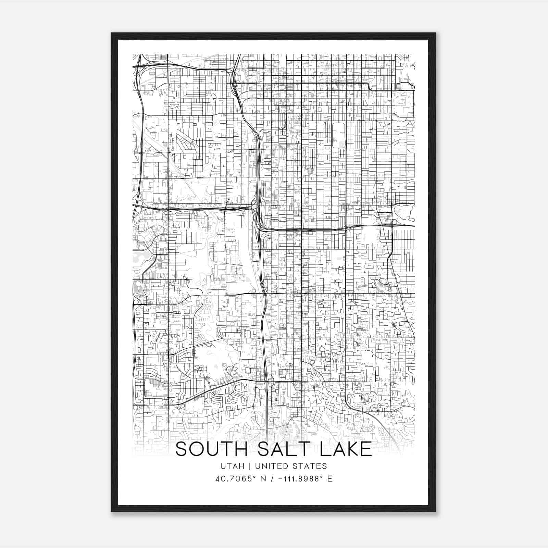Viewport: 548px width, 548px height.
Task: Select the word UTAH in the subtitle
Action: tap(233, 466)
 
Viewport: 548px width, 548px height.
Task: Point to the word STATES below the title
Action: tap(311, 466)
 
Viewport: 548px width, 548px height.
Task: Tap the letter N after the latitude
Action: tap(263, 479)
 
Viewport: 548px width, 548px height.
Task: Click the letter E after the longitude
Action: tap(330, 479)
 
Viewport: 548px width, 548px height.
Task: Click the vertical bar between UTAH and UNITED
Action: tap(250, 466)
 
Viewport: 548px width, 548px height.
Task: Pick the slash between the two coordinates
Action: tap(273, 479)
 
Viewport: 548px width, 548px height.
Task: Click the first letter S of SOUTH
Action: tap(182, 449)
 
